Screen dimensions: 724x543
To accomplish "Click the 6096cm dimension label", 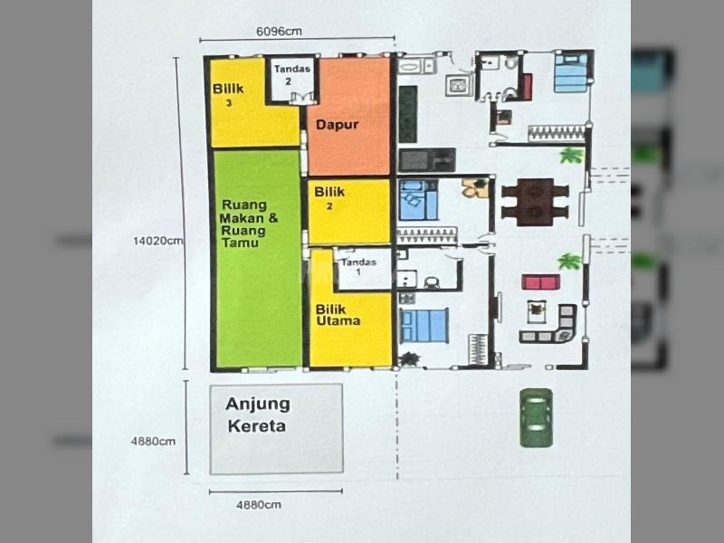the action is click(279, 32).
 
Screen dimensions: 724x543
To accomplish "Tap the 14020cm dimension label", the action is click(157, 241).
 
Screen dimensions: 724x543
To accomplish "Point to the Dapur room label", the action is click(337, 125).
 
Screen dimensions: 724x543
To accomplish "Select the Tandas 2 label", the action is click(291, 75).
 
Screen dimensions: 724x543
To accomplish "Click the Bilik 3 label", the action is click(228, 94).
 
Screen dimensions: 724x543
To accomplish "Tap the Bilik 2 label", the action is click(329, 197).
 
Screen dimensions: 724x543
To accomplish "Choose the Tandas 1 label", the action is click(358, 266).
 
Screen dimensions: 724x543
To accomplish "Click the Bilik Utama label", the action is click(338, 315).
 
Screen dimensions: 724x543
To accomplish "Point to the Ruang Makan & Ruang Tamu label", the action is click(249, 224).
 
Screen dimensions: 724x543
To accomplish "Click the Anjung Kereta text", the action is click(258, 415).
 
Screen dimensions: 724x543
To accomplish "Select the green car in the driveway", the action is click(536, 418).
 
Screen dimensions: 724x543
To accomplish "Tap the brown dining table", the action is click(535, 202).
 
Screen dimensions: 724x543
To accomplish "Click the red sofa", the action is click(540, 281).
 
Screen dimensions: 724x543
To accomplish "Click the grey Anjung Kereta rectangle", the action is click(277, 429).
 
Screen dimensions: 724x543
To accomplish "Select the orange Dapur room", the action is click(348, 117).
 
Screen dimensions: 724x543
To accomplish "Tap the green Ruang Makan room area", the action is click(259, 259).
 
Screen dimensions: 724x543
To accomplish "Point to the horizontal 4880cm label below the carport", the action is click(259, 505).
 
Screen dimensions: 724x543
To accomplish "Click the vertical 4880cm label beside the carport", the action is click(153, 442).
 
